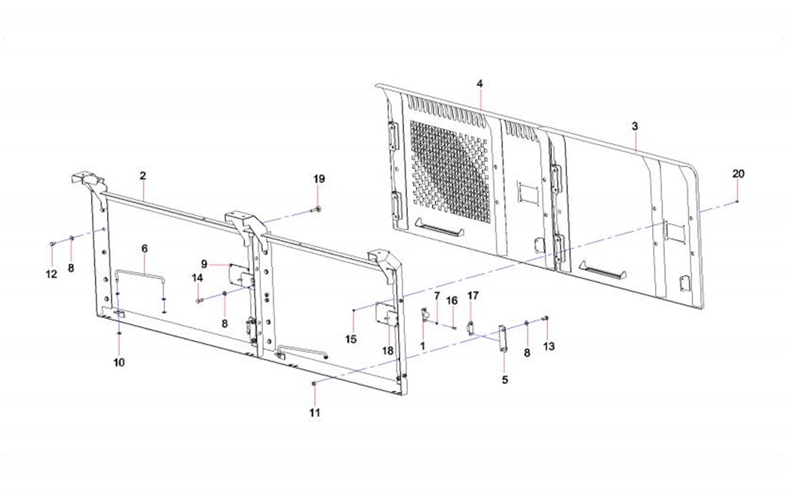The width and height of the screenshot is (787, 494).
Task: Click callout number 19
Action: [319, 179]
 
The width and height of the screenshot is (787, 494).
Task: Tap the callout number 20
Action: [738, 173]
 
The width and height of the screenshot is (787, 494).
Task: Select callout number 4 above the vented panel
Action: [480, 83]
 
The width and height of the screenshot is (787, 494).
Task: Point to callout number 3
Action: [635, 126]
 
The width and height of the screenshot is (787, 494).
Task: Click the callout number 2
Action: [143, 175]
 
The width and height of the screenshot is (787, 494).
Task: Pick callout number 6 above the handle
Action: [145, 248]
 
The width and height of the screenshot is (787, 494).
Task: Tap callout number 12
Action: [51, 274]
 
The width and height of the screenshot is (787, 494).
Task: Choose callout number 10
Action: [119, 363]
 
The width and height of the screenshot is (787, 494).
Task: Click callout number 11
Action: [314, 413]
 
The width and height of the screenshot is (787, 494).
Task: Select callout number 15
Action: [351, 339]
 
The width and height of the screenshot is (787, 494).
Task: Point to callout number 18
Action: [388, 351]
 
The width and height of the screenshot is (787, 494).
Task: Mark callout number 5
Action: [505, 380]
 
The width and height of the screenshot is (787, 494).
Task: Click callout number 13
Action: [549, 346]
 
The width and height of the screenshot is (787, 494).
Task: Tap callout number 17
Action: [473, 296]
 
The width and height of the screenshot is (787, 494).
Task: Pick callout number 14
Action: [198, 278]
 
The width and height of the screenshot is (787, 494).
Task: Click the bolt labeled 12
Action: [52, 244]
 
